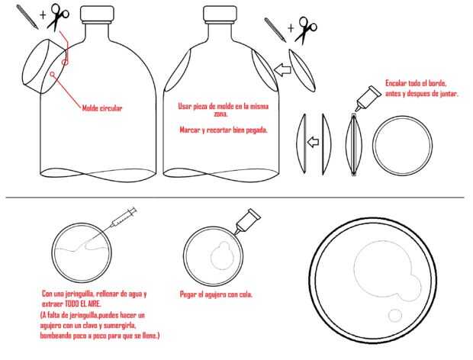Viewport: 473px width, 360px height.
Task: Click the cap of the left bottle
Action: point(97,14)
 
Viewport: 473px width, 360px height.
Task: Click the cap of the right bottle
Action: point(220,14)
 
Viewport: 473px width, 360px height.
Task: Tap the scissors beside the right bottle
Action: point(306,31)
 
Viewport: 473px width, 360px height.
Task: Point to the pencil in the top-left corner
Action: point(27,17)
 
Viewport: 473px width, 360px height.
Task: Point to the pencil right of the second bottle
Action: point(275,30)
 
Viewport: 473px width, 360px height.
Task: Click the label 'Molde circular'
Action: point(102,108)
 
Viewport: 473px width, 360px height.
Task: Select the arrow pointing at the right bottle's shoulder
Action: point(282,69)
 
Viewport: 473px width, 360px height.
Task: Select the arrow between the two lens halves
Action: point(313,141)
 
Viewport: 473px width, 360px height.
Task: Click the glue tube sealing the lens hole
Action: point(248,221)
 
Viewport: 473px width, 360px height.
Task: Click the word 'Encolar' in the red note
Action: point(395,83)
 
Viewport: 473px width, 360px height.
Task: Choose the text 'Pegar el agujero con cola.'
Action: point(216,294)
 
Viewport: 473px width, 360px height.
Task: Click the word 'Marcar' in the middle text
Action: point(189,130)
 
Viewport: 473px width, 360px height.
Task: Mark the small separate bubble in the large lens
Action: point(394,315)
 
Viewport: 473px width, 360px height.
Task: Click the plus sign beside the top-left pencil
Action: point(43,15)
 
